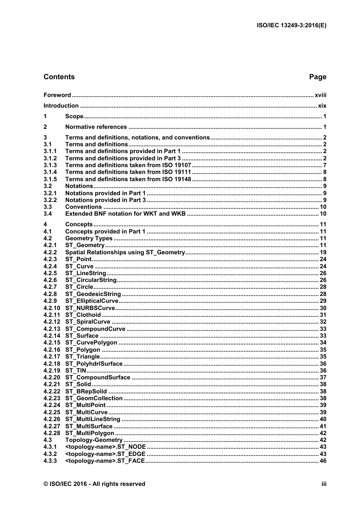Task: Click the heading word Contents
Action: (59, 77)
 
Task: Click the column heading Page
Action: (318, 77)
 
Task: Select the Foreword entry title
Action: (57, 95)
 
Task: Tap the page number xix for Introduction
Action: (322, 106)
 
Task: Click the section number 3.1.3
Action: (50, 165)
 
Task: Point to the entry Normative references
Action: (96, 127)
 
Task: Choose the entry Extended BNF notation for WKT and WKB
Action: (125, 214)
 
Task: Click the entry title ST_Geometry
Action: (85, 245)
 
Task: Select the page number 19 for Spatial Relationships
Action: (323, 252)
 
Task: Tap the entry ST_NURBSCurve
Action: (90, 308)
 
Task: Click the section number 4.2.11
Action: (52, 315)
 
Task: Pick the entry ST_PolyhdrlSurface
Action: (94, 364)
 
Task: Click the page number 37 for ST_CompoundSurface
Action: (323, 377)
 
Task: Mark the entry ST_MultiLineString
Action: (93, 419)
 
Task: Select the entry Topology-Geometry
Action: (94, 440)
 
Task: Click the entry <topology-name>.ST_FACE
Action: (105, 461)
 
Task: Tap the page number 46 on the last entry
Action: (323, 461)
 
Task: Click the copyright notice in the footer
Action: (94, 484)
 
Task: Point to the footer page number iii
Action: (324, 484)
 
